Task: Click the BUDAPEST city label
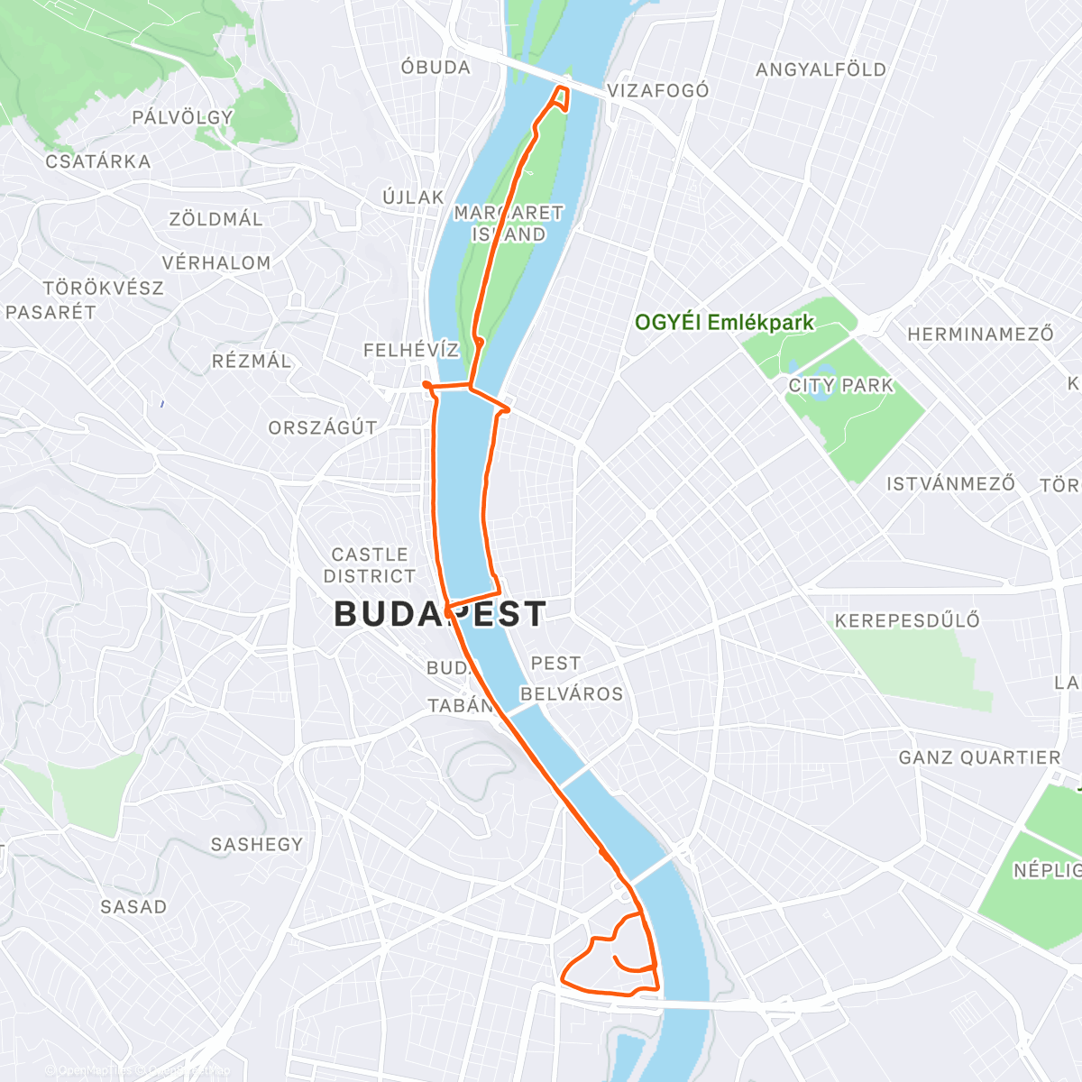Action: (439, 614)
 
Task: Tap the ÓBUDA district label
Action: (436, 68)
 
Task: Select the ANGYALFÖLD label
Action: (821, 69)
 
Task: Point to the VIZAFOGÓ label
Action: (658, 91)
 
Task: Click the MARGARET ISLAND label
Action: (509, 224)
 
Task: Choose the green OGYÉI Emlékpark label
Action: (724, 323)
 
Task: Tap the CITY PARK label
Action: (840, 386)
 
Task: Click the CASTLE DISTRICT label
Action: (370, 565)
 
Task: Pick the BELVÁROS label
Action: (572, 694)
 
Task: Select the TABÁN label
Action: (461, 706)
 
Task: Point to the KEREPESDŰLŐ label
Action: (907, 620)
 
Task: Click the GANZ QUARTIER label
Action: (979, 758)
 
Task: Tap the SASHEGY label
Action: (257, 845)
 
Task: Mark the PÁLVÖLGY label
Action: (182, 117)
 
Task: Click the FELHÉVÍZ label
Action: (411, 350)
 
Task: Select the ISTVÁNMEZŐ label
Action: (950, 484)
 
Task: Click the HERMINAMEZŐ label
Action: (980, 335)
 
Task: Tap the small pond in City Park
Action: (821, 387)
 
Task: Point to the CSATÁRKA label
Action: (98, 162)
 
